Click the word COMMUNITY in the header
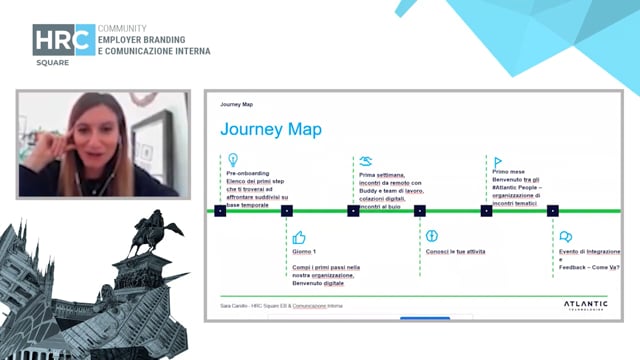123,29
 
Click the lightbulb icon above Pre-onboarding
233,160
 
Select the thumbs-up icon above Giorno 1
298,238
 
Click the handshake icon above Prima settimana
366,160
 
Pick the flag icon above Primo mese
498,161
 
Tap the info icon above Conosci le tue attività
432,237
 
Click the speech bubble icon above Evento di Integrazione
565,237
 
